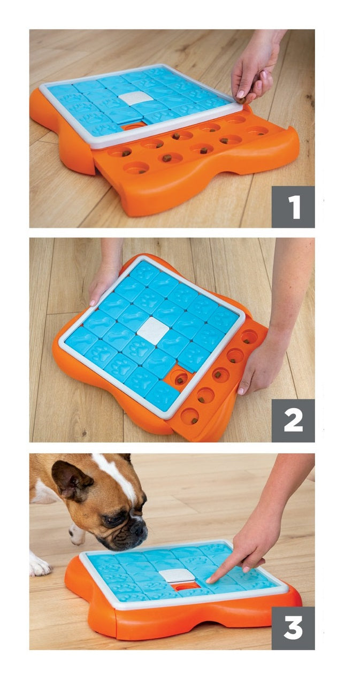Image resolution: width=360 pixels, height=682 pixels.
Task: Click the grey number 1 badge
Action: (293, 206)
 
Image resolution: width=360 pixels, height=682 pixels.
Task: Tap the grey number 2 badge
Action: (293, 420)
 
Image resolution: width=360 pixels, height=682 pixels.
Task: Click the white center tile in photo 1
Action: (135, 98)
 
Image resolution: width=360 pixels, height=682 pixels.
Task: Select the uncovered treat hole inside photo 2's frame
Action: (180, 379)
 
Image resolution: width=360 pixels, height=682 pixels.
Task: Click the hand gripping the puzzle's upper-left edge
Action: (104, 280)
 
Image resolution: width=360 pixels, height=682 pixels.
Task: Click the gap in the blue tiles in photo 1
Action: (133, 126)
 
